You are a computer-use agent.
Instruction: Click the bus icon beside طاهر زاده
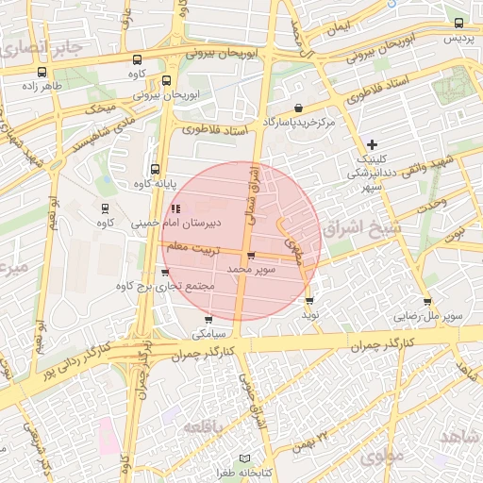(41, 71)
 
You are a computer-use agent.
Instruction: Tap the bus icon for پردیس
(458, 25)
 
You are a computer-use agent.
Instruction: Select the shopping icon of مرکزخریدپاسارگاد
(299, 108)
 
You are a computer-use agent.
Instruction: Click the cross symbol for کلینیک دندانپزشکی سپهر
(373, 144)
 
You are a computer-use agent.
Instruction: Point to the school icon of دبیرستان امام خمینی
(175, 208)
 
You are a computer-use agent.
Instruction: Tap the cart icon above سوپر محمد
(250, 256)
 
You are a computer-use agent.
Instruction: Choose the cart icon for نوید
(309, 301)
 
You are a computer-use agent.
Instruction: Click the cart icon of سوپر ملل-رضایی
(428, 303)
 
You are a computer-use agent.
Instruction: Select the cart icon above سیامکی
(208, 320)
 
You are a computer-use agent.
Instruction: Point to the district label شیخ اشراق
(353, 229)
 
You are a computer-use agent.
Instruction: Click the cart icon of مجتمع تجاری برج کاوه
(166, 273)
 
